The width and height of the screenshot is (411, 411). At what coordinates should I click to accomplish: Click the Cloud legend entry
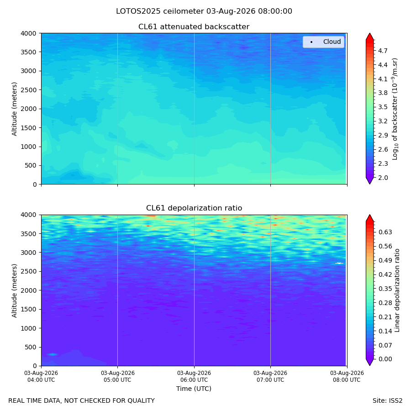click(323, 42)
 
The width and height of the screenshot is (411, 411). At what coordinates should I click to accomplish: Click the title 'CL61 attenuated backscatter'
click(194, 27)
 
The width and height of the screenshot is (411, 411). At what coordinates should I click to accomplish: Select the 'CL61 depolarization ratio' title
click(194, 208)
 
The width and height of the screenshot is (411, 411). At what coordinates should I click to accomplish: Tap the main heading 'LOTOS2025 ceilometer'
click(160, 11)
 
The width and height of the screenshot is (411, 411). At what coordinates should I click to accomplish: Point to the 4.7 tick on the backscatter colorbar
click(383, 51)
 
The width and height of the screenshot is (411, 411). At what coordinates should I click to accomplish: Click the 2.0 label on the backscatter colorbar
click(383, 178)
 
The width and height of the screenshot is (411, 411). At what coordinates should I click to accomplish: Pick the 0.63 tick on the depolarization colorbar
click(385, 232)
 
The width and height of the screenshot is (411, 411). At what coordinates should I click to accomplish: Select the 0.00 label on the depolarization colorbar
click(385, 359)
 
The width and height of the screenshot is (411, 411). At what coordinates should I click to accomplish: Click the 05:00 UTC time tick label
click(117, 376)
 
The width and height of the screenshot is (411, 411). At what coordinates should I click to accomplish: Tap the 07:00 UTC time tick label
click(270, 376)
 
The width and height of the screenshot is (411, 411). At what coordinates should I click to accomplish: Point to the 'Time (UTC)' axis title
click(194, 389)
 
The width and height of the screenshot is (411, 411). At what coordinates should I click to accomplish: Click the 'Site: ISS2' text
click(387, 401)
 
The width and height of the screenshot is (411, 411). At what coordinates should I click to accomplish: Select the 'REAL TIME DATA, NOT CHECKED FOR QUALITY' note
click(82, 401)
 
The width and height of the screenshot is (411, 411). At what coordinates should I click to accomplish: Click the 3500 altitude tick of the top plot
click(29, 52)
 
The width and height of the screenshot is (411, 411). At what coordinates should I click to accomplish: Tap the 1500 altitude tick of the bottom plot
click(29, 309)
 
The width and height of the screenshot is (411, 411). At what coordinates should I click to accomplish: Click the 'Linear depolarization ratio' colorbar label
click(397, 290)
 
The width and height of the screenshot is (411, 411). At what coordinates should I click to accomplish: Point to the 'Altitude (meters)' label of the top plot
click(14, 109)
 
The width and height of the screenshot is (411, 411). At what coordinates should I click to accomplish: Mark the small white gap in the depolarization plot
click(339, 263)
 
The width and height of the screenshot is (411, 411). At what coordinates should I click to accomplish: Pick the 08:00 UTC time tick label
click(347, 376)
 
